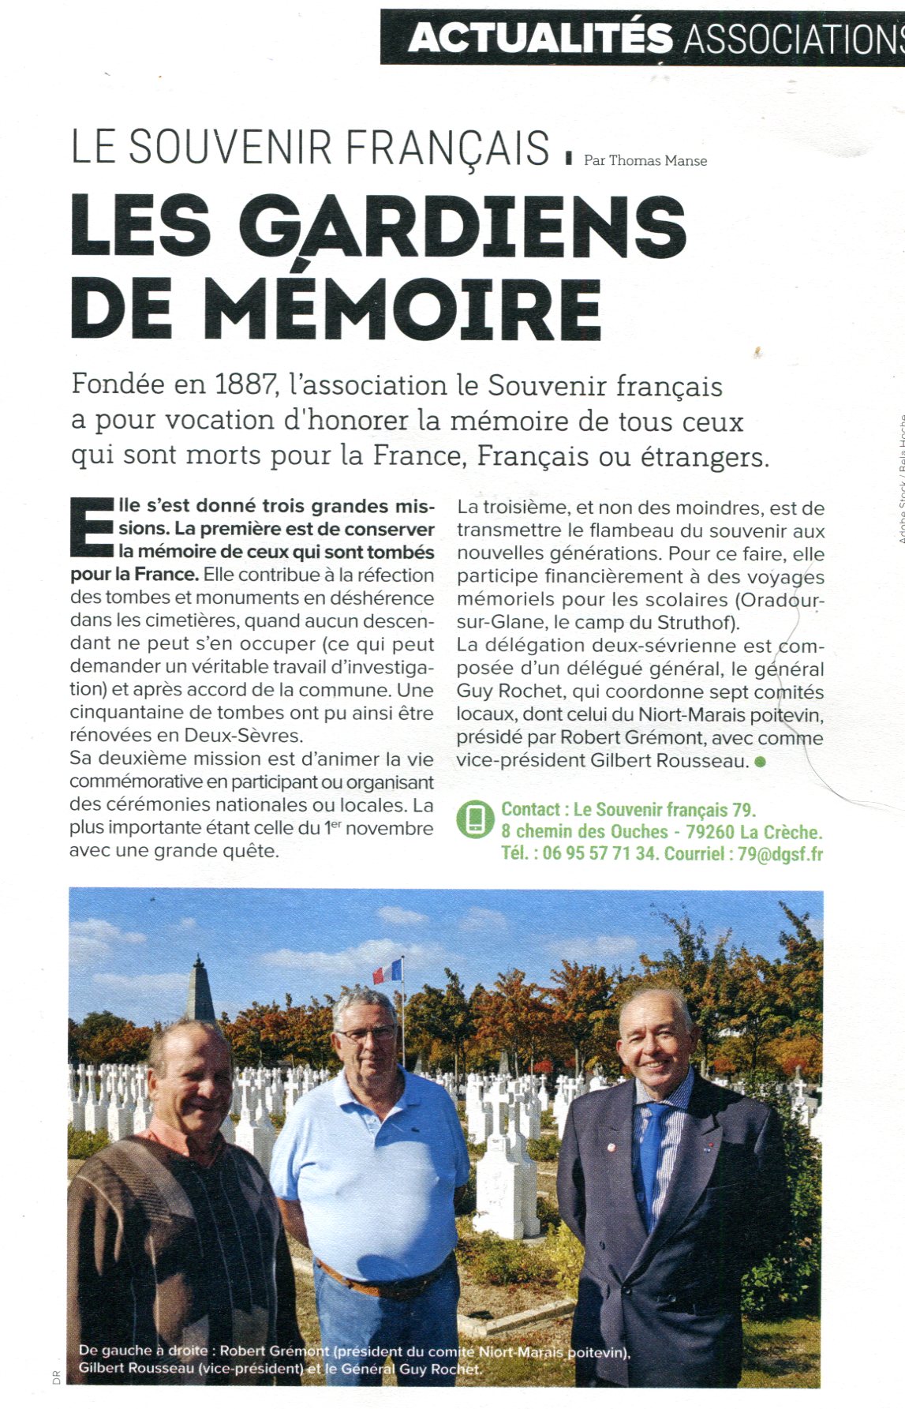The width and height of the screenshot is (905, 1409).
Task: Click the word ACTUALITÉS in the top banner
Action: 540,38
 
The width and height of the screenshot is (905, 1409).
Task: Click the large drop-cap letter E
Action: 92,528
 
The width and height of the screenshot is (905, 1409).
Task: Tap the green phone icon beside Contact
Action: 475,819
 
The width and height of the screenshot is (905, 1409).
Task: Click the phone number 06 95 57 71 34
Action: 599,854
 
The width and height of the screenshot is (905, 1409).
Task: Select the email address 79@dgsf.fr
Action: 780,854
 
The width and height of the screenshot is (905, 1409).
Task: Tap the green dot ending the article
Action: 760,762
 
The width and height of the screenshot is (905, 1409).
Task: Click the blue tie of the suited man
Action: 652,1160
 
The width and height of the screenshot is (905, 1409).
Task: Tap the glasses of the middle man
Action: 365,1032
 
